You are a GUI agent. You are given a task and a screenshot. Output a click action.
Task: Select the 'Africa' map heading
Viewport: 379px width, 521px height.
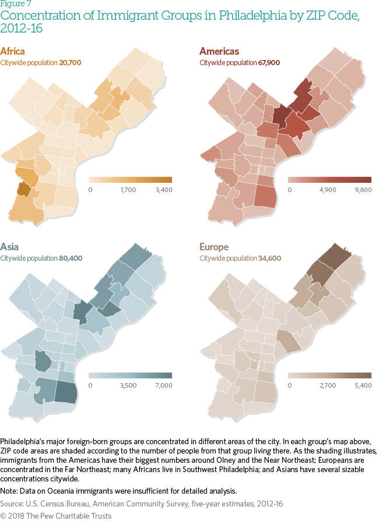12,51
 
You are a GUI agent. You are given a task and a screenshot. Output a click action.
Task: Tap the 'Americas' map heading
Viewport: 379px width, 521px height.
219,51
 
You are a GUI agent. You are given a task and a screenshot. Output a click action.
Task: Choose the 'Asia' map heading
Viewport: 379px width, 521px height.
9,247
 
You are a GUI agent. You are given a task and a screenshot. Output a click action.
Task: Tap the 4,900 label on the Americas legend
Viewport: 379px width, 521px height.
327,190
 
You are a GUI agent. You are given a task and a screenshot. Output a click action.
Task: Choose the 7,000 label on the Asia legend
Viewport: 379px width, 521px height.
164,385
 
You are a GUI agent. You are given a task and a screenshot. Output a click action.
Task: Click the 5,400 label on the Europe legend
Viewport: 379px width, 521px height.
363,385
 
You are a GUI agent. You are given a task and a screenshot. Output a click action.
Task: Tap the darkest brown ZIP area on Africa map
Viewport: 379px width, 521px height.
24,189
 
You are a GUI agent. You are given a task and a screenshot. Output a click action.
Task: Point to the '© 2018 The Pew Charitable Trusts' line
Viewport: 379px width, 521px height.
56,515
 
